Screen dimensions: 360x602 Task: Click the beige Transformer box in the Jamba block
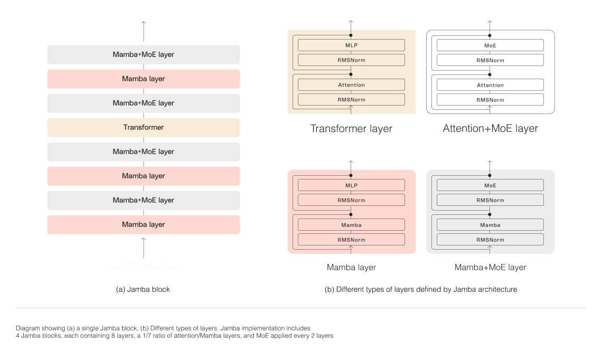pyautogui.click(x=143, y=127)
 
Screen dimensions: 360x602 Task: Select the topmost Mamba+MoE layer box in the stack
pyautogui.click(x=143, y=54)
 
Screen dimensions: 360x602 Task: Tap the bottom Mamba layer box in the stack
pyautogui.click(x=143, y=224)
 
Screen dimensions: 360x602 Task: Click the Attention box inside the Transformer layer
pyautogui.click(x=351, y=85)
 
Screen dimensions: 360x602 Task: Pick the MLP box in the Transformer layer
pyautogui.click(x=351, y=45)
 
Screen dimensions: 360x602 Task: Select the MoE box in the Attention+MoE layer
pyautogui.click(x=490, y=45)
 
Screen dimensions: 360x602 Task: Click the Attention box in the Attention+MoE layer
pyautogui.click(x=490, y=85)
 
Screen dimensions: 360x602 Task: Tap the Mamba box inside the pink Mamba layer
pyautogui.click(x=351, y=225)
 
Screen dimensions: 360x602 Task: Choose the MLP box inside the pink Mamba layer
pyautogui.click(x=351, y=185)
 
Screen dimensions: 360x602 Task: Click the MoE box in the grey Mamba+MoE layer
pyautogui.click(x=490, y=185)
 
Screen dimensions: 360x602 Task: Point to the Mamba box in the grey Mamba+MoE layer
pyautogui.click(x=490, y=225)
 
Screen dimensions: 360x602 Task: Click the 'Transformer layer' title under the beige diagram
pyautogui.click(x=351, y=129)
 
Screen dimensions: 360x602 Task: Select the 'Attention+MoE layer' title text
pyautogui.click(x=490, y=129)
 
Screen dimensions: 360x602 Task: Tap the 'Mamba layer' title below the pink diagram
pyautogui.click(x=351, y=268)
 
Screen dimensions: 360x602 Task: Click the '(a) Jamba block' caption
pyautogui.click(x=143, y=289)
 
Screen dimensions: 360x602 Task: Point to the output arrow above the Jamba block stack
pyautogui.click(x=143, y=31)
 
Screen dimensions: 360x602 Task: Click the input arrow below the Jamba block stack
pyautogui.click(x=143, y=248)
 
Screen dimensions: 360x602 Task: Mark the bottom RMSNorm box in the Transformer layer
pyautogui.click(x=351, y=100)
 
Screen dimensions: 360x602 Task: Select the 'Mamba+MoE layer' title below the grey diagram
pyautogui.click(x=490, y=268)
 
